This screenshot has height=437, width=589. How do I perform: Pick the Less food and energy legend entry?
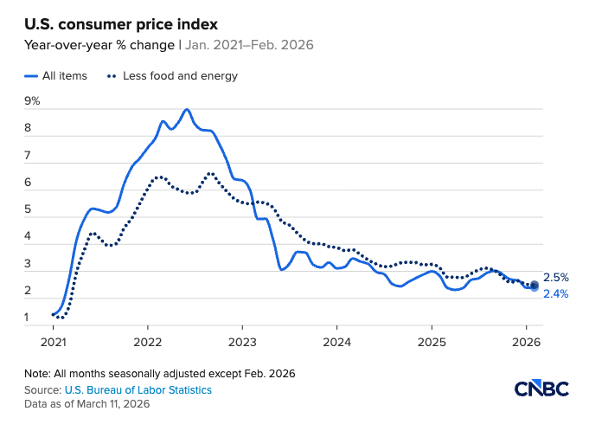coord(172,75)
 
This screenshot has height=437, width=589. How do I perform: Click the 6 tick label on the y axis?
coord(28,183)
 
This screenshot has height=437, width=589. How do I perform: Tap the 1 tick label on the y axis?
coord(28,318)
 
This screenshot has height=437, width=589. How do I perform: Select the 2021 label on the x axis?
coord(53,342)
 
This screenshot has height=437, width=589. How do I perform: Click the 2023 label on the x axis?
coord(242,342)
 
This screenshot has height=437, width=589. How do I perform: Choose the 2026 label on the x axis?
coord(527,342)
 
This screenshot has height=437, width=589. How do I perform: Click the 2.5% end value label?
coord(555,278)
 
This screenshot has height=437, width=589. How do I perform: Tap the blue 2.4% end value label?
coord(555,294)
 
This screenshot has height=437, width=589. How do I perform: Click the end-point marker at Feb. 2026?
coord(535,286)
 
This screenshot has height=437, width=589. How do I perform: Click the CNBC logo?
coord(541,389)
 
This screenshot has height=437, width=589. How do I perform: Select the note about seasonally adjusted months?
coord(160,374)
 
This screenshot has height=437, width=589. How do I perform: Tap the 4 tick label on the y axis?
coord(28,236)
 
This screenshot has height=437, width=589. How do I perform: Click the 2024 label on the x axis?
coord(337,342)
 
